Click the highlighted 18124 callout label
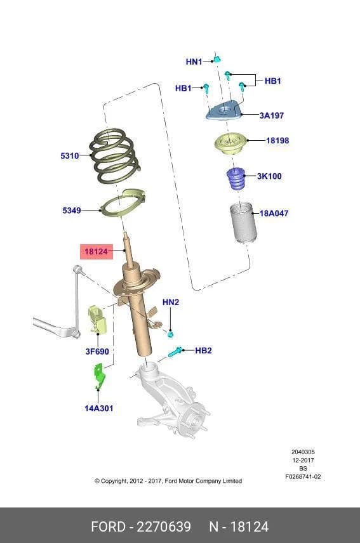coord(97,251)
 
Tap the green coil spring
coord(115,156)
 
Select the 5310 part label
coord(70,156)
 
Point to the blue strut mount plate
coord(223,110)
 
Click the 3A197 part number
coord(272,115)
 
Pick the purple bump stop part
coord(236,179)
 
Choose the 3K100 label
coord(269,176)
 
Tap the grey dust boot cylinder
coord(243,223)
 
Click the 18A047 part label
coord(274,213)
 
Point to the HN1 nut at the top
coord(217,59)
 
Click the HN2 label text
coord(171,302)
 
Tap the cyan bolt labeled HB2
coord(175,352)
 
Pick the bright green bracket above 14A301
coord(100,376)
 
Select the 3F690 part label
coord(97,351)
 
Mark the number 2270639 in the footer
coord(164,527)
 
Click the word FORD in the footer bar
coord(108,527)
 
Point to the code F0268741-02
coord(303,476)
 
